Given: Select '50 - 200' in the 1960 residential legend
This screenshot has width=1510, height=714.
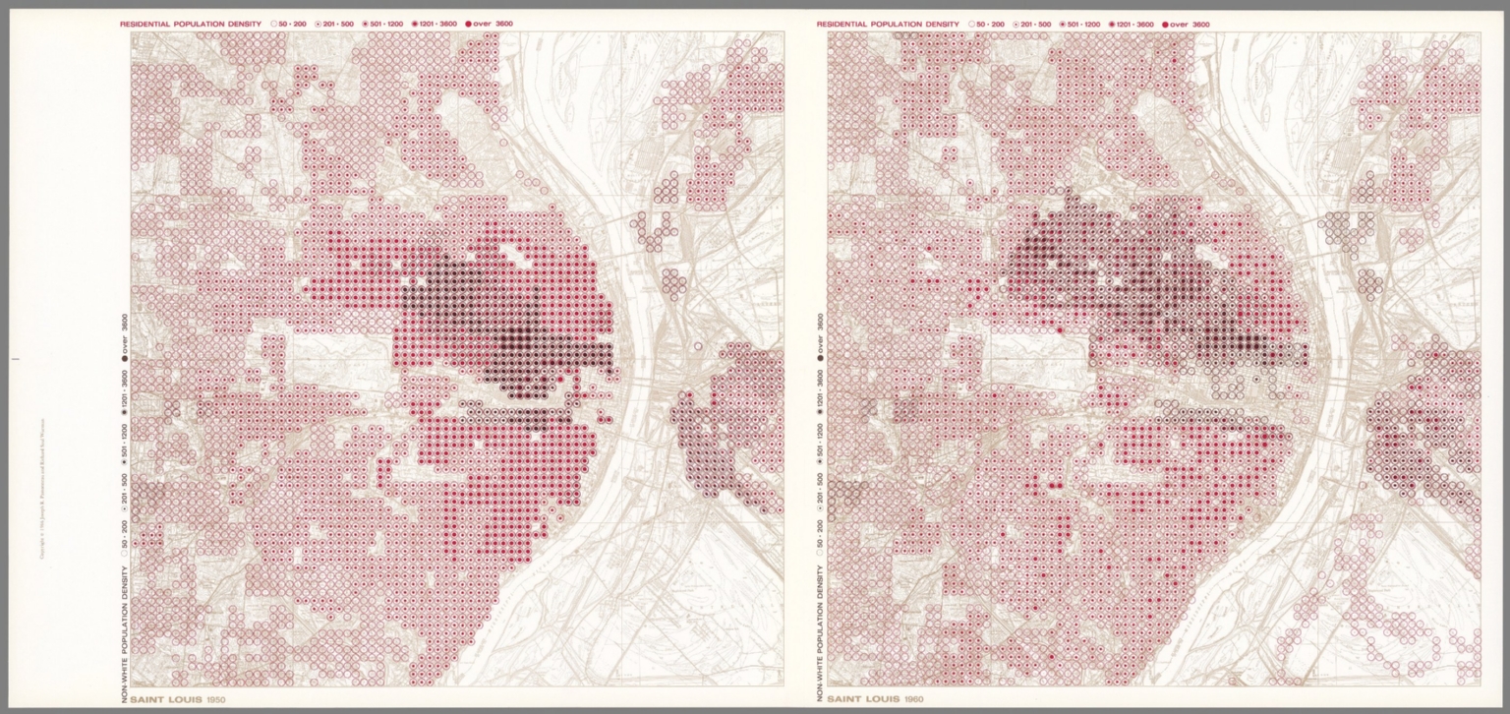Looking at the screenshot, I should pyautogui.click(x=989, y=24).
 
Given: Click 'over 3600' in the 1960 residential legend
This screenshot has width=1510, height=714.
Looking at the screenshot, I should pyautogui.click(x=1186, y=24).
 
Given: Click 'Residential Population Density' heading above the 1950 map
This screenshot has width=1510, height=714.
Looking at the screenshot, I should pyautogui.click(x=191, y=23).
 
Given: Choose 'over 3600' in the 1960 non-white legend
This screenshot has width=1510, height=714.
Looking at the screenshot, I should pyautogui.click(x=821, y=332).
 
